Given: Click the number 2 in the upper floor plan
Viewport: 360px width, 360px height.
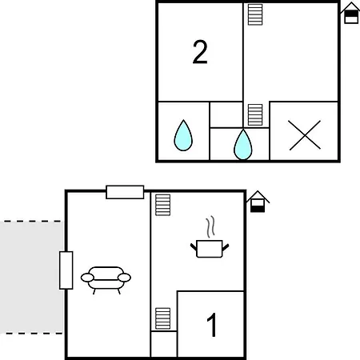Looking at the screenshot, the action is pyautogui.click(x=200, y=52).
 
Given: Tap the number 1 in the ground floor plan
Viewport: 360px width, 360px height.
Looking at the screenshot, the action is pyautogui.click(x=212, y=325).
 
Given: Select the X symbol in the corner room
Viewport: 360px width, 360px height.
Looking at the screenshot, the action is pyautogui.click(x=305, y=135).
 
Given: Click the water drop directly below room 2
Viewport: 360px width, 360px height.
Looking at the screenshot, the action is pyautogui.click(x=183, y=135).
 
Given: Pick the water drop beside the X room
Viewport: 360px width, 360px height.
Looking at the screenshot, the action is pyautogui.click(x=243, y=145).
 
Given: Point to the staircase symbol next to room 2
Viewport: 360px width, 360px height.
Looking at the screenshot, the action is pyautogui.click(x=255, y=14).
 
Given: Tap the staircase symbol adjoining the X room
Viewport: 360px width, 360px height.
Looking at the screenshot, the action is pyautogui.click(x=255, y=115).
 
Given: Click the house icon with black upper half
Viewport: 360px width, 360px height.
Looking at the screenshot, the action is pyautogui.click(x=351, y=14).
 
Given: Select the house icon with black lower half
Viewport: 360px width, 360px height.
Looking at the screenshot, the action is pyautogui.click(x=258, y=202).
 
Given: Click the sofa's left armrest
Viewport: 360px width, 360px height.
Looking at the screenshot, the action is pyautogui.click(x=87, y=278).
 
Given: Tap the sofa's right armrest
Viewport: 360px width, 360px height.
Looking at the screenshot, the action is pyautogui.click(x=124, y=278).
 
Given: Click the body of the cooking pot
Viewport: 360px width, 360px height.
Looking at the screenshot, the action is pyautogui.click(x=210, y=249).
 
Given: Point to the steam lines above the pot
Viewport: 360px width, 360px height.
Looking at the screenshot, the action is pyautogui.click(x=210, y=226).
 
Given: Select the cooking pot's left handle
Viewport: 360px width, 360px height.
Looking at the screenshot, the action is pyautogui.click(x=194, y=247).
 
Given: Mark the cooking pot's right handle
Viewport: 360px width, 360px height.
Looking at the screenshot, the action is pyautogui.click(x=226, y=247).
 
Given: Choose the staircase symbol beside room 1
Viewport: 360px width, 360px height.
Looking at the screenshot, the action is pyautogui.click(x=163, y=318).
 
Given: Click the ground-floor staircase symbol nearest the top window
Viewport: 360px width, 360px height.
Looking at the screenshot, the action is pyautogui.click(x=163, y=205).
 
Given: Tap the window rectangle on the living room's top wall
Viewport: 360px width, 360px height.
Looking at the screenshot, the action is pyautogui.click(x=125, y=192).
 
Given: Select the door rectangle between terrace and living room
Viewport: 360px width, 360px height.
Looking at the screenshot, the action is pyautogui.click(x=66, y=270).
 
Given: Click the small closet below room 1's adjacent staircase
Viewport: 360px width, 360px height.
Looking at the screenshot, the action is pyautogui.click(x=164, y=344).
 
